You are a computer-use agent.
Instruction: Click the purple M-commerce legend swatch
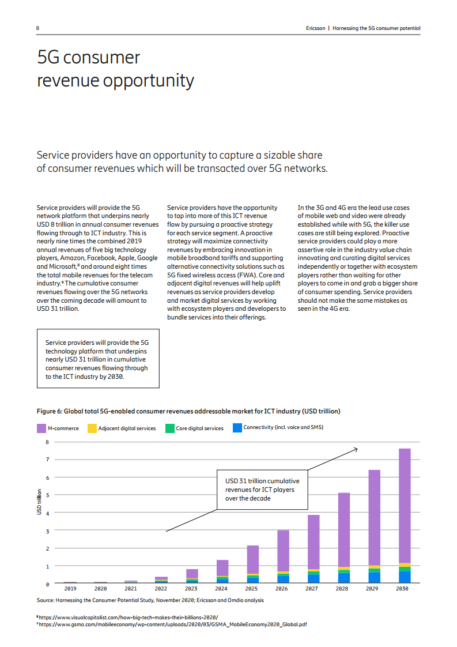(41, 428)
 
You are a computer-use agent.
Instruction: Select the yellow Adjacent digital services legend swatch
(92, 428)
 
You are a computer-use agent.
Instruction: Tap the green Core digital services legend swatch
(169, 428)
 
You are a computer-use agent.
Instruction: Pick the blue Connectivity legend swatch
(237, 428)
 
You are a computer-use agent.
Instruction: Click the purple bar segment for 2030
(405, 505)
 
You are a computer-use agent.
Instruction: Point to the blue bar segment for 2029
(375, 578)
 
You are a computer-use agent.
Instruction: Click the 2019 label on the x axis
(70, 589)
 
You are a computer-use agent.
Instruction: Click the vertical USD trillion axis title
(39, 502)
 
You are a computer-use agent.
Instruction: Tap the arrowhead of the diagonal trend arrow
(356, 449)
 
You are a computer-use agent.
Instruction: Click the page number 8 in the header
(37, 28)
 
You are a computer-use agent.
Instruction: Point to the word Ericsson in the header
(315, 28)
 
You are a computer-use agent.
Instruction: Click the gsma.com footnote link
(173, 624)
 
